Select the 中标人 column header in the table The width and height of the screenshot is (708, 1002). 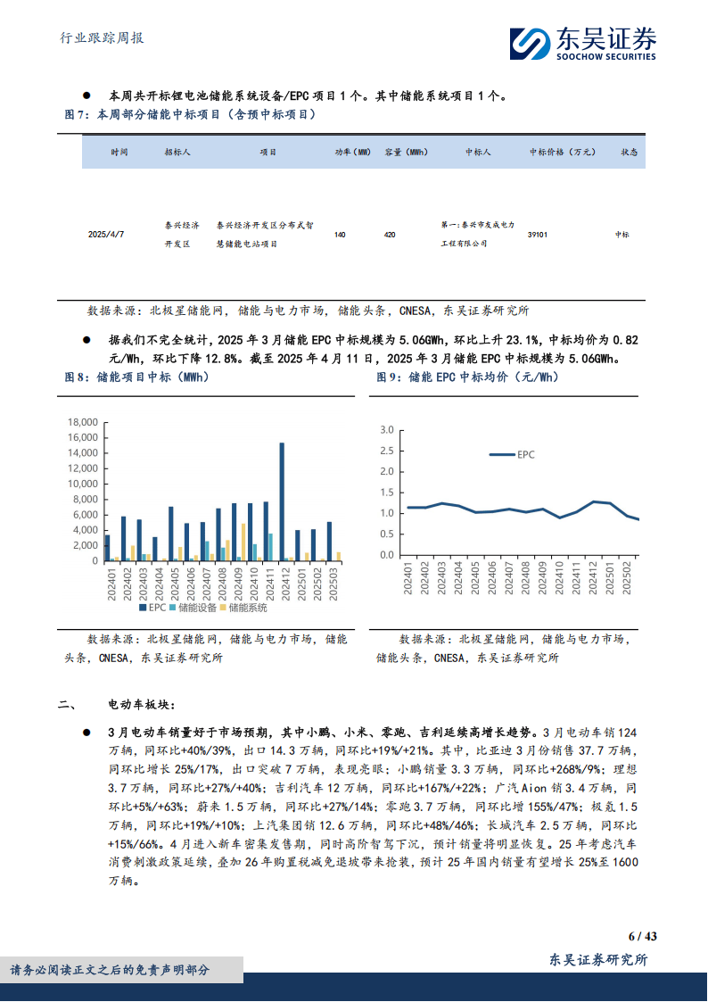coord(478,153)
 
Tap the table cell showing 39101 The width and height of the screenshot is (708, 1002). coord(538,234)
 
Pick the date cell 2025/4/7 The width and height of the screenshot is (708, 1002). coord(106,234)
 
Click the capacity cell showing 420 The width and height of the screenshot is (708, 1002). coord(390,234)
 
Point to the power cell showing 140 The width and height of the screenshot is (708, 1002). coord(340,234)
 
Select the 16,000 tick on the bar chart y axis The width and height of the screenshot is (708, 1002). coord(81,437)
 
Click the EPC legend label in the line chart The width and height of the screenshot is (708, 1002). coord(525,455)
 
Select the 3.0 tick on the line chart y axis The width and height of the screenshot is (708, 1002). coord(386,429)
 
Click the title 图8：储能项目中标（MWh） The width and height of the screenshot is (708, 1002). coord(137,377)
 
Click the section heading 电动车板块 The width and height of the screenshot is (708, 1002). coord(136,705)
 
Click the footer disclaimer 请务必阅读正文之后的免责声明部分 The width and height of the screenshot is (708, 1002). coord(110,970)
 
